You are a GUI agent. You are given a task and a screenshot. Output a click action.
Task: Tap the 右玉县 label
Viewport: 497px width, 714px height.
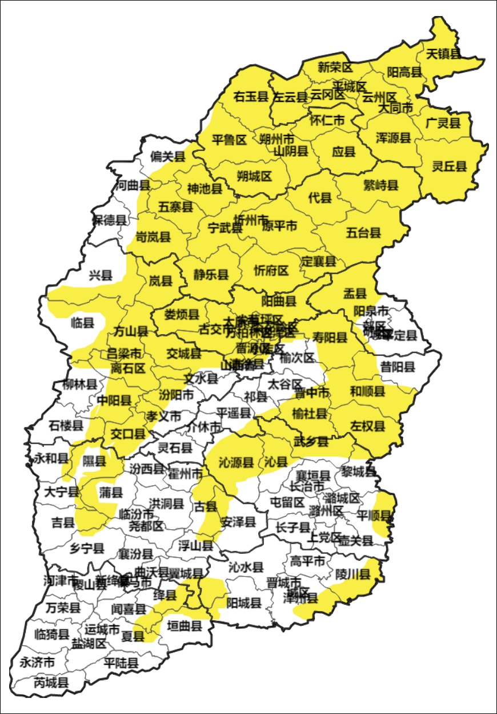[x=251, y=97]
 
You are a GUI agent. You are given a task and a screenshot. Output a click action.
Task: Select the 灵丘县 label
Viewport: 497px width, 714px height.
[x=449, y=166]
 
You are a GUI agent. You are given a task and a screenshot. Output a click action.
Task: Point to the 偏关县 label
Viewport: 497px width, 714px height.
[x=168, y=156]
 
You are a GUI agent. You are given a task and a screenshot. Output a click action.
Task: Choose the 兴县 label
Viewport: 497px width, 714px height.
[x=101, y=275]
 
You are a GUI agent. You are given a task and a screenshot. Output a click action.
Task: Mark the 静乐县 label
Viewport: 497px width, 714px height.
[x=211, y=275]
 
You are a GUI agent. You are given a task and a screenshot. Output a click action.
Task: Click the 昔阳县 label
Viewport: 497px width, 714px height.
[x=398, y=366]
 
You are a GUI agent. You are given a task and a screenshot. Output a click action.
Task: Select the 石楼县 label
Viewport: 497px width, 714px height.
[x=66, y=425]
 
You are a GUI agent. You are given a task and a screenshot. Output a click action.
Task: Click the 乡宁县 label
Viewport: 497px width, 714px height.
[x=87, y=548]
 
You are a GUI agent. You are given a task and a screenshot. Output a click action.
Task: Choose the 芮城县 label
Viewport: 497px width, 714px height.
[x=51, y=682]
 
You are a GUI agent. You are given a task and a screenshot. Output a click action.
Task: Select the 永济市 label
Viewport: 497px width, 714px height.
[x=37, y=663]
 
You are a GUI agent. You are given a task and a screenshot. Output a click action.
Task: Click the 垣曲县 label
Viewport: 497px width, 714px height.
[x=185, y=626]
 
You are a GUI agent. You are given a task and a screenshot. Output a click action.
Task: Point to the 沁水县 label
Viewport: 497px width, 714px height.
[x=246, y=567]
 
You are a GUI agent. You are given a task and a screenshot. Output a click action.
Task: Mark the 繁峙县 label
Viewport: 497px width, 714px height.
[x=380, y=185]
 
